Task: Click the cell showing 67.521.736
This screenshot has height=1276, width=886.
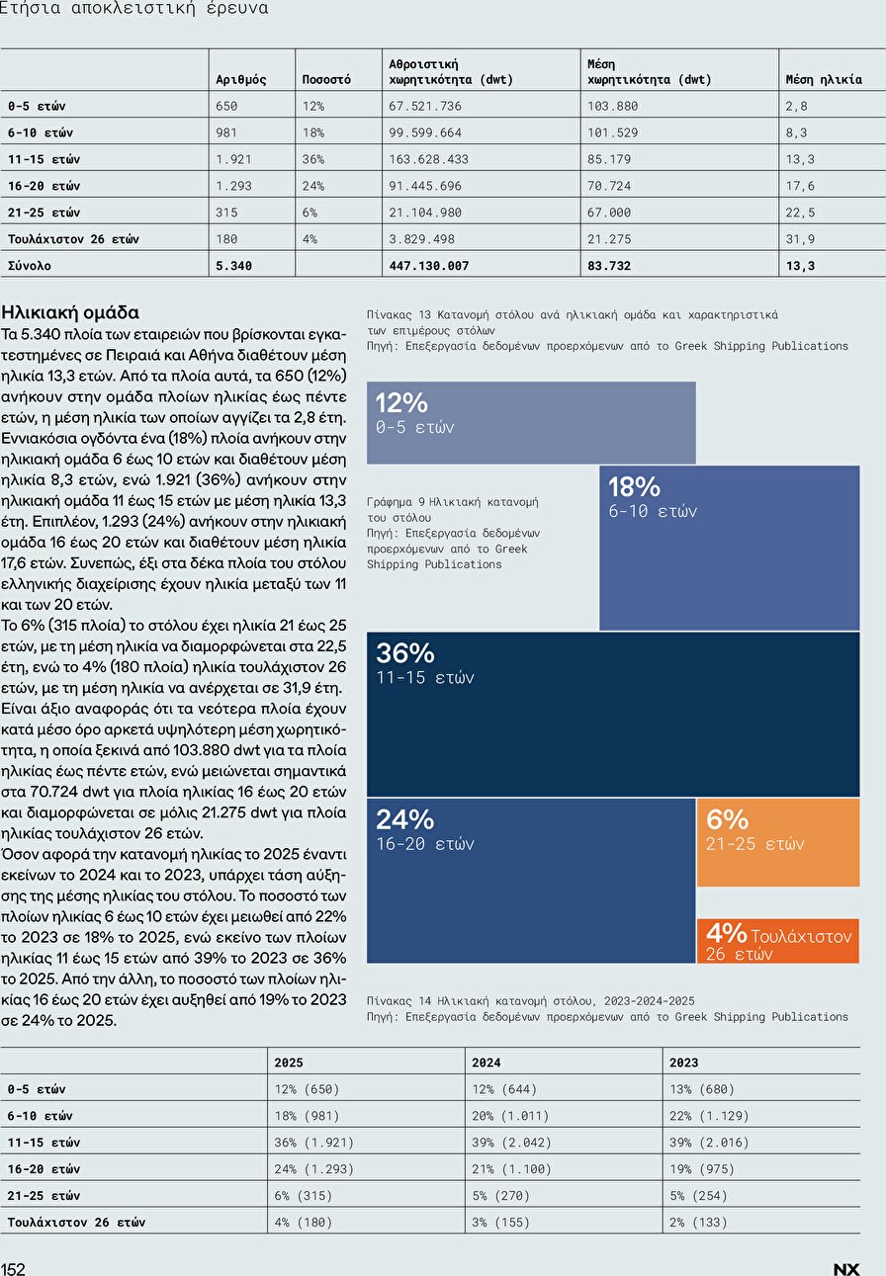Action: pos(426,106)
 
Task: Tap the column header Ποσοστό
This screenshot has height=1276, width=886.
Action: pos(325,80)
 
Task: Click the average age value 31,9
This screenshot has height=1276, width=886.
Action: pos(800,239)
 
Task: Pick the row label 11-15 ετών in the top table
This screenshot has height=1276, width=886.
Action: pos(44,159)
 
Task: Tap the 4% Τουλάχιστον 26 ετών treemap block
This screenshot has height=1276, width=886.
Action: pos(777,941)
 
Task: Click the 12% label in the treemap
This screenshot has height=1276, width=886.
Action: pos(400,402)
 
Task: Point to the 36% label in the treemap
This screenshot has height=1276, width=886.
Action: pos(404,653)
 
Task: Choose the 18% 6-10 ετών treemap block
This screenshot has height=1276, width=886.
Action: pos(729,548)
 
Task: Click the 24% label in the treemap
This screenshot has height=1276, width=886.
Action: pos(404,819)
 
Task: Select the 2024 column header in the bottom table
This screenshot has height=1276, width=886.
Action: pos(486,1063)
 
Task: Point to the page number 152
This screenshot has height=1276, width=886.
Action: pos(13,1269)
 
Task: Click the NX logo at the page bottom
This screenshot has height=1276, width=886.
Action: pos(846,1269)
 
